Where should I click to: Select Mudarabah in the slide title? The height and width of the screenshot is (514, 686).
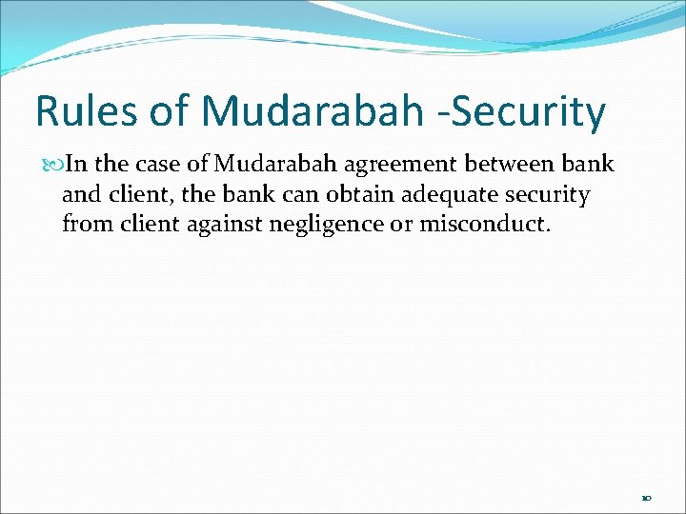(311, 111)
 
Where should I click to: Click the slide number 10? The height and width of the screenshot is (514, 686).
(646, 498)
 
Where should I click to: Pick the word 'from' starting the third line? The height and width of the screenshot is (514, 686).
(83, 225)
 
